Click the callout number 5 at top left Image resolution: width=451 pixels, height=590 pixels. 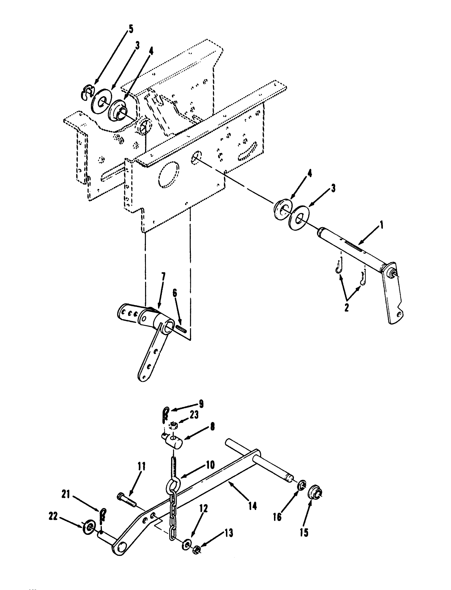tap(130, 29)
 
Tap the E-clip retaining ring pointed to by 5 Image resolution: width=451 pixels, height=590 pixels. tap(89, 92)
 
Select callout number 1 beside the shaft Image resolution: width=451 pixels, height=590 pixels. tap(381, 225)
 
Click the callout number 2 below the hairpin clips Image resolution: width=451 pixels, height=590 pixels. tap(346, 307)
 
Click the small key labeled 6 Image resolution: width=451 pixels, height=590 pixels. tap(181, 329)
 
